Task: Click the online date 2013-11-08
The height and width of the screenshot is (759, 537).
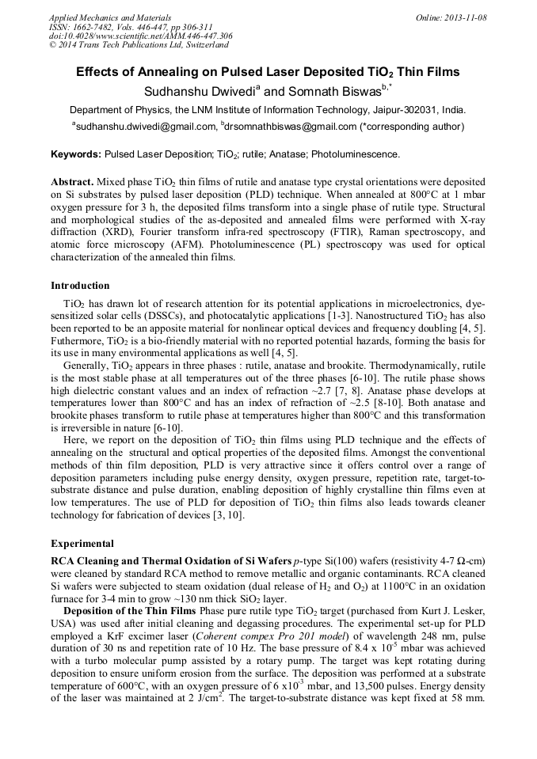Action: coord(465,17)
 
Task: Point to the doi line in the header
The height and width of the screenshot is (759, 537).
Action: coord(140,36)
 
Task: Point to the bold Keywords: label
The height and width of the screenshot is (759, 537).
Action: coord(76,154)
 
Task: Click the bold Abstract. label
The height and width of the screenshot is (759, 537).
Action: coord(74,180)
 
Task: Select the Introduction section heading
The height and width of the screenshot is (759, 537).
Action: coord(80,286)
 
